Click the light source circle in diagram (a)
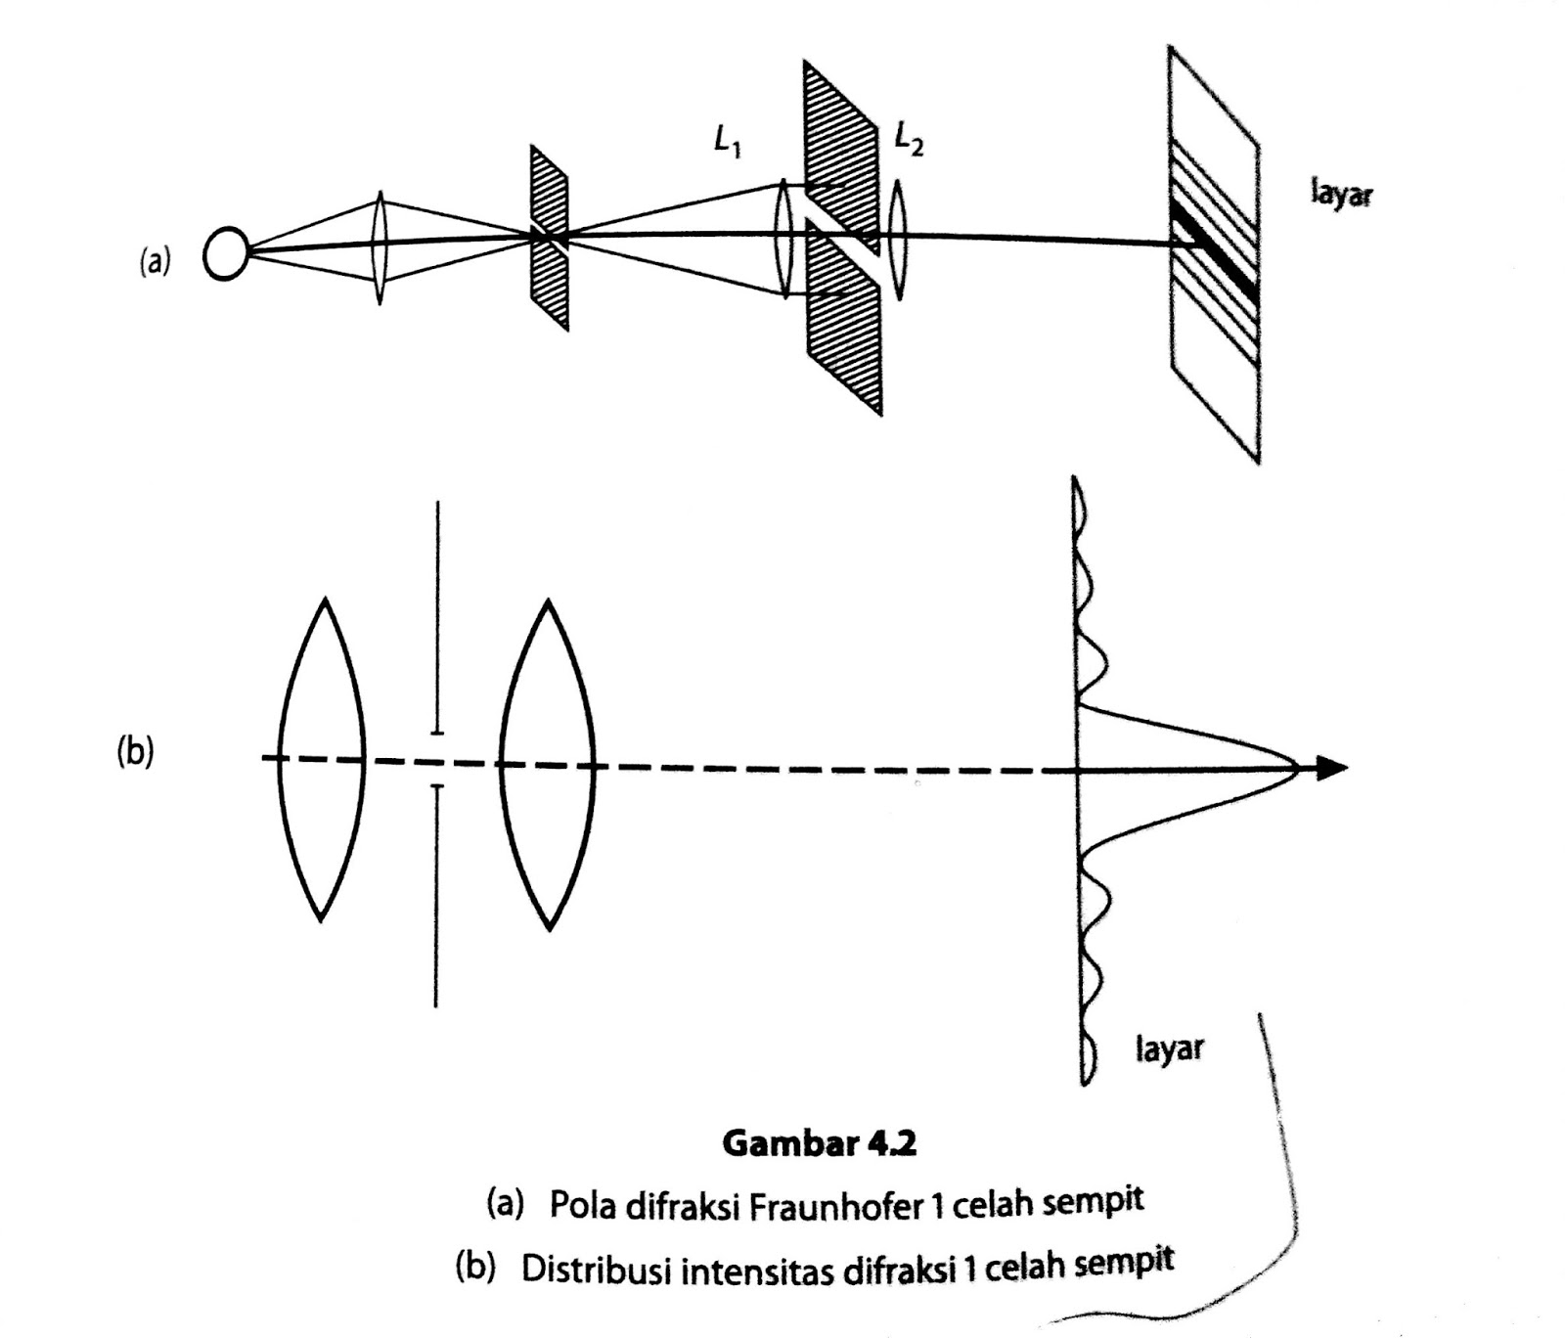tap(225, 254)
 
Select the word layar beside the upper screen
tap(1341, 194)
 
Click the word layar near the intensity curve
tap(1170, 1048)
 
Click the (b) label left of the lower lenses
tap(135, 753)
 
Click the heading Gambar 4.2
tap(820, 1142)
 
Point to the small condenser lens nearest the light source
tap(380, 247)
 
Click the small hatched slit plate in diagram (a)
tap(550, 238)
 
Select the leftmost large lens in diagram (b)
tap(321, 759)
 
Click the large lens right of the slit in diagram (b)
tap(548, 764)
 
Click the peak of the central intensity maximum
tap(1298, 768)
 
